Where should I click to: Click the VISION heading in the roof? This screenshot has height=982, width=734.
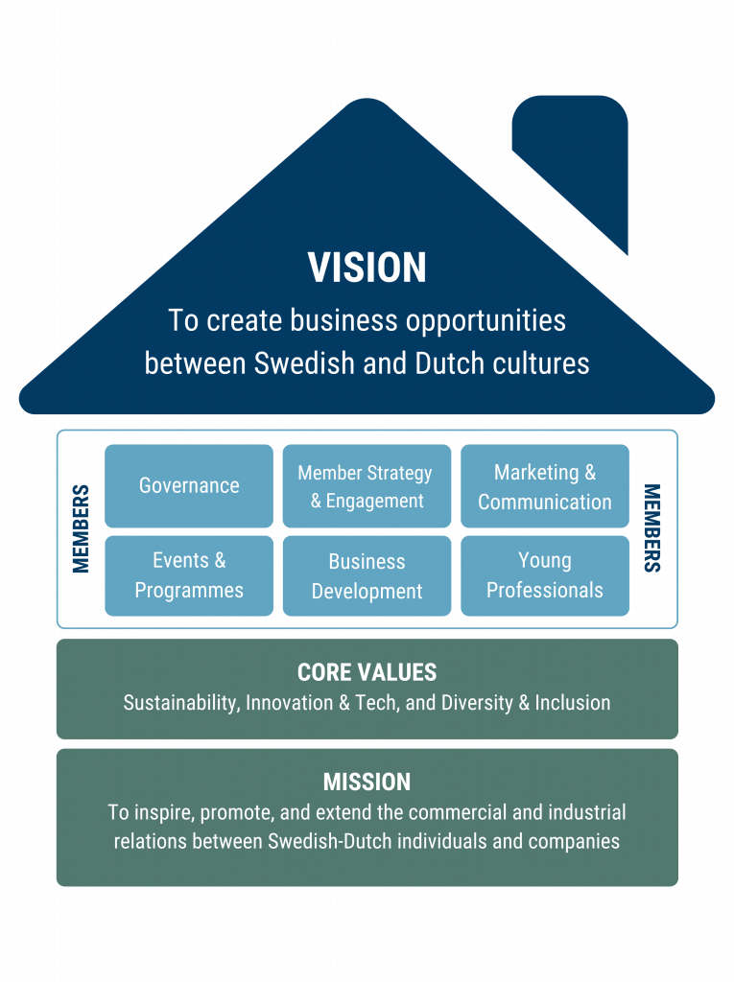(367, 268)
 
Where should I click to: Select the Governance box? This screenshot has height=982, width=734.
(189, 486)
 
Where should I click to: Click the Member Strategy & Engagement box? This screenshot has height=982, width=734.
(367, 486)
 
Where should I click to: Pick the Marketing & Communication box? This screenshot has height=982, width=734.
(545, 486)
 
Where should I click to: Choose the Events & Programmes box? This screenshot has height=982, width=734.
(189, 575)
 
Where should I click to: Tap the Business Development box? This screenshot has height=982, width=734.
(367, 575)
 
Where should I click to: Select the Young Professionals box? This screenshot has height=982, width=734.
(545, 575)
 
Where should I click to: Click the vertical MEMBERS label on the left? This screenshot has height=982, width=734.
(81, 528)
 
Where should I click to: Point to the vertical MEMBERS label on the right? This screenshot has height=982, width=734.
(652, 528)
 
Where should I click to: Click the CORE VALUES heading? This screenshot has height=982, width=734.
(367, 672)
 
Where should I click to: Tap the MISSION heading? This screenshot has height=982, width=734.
(367, 783)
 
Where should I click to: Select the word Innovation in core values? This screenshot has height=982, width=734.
(289, 703)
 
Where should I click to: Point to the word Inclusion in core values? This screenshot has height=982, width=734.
(572, 703)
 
